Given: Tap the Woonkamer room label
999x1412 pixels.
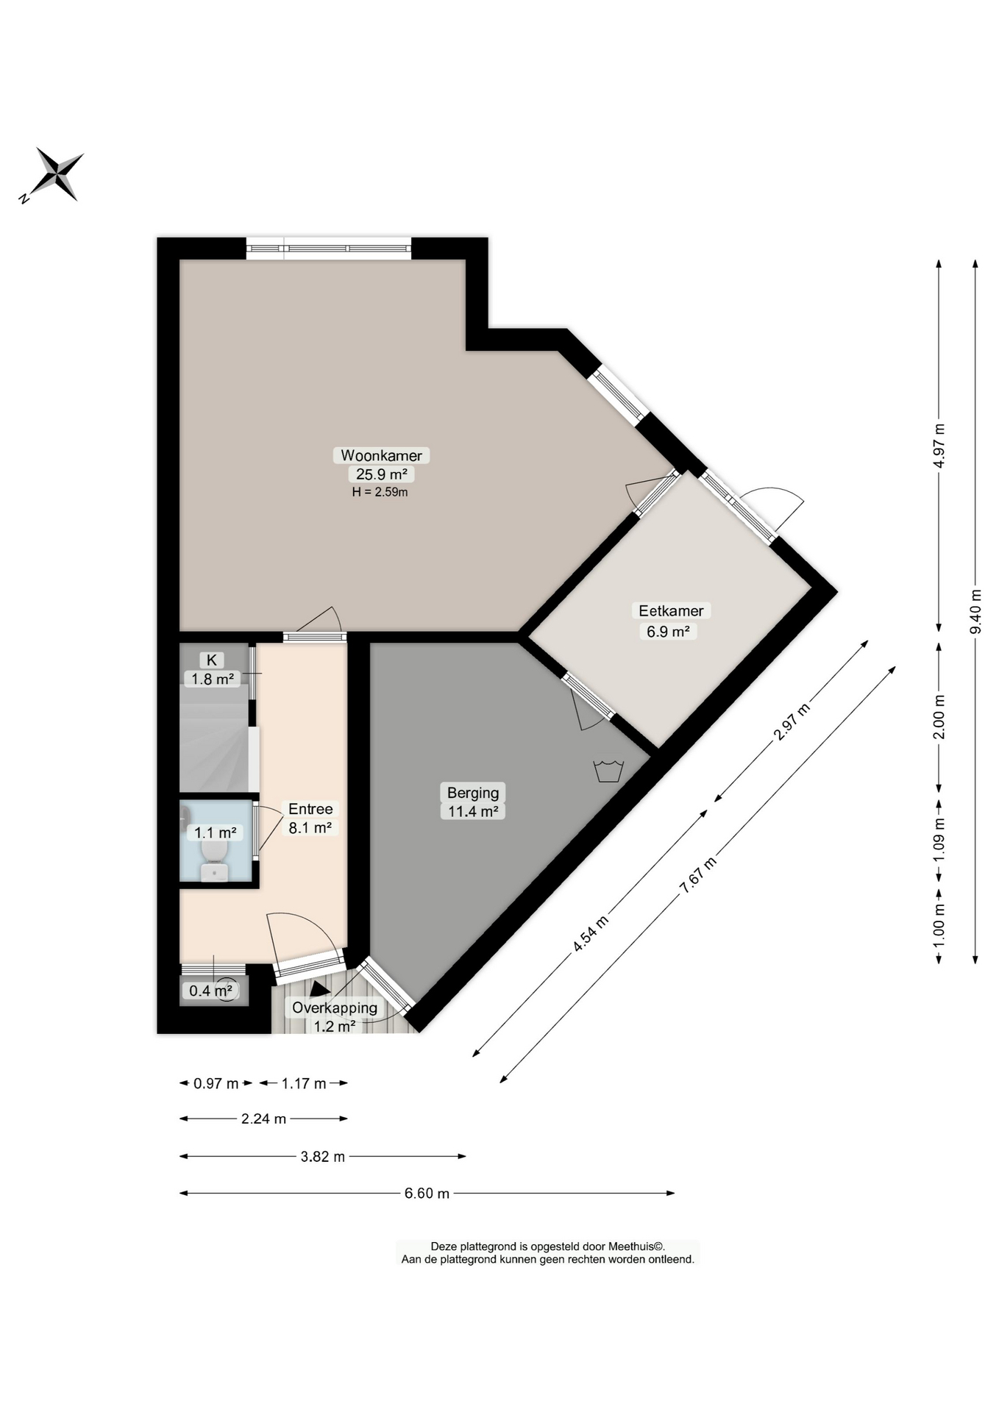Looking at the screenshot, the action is point(381,456).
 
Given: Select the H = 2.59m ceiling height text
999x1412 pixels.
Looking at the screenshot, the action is point(380,492).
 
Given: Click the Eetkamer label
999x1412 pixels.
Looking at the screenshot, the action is point(671,610).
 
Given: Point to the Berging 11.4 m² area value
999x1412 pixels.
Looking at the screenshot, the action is point(474,811).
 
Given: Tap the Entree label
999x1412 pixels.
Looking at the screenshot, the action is point(310,809).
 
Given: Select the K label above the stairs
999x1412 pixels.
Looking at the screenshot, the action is point(212,660).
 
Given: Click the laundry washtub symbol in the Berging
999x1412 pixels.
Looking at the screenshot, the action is point(608,771).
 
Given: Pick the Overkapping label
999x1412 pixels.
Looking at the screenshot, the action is point(335,1008).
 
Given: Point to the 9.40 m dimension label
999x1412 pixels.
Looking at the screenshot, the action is point(975,611).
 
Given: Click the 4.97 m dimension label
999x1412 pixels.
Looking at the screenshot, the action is point(939,446).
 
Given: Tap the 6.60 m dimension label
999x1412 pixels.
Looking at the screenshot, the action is point(427,1193).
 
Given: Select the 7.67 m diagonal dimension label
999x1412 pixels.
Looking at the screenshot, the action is point(697,875).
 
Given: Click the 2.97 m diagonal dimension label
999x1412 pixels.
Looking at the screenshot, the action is point(792,721).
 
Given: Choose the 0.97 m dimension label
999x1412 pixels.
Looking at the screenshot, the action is point(216,1083).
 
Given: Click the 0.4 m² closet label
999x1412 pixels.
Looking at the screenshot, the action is point(211,991).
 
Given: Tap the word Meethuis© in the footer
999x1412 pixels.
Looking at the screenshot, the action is point(636,1247).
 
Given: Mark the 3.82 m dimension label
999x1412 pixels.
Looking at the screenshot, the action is point(323,1156).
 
